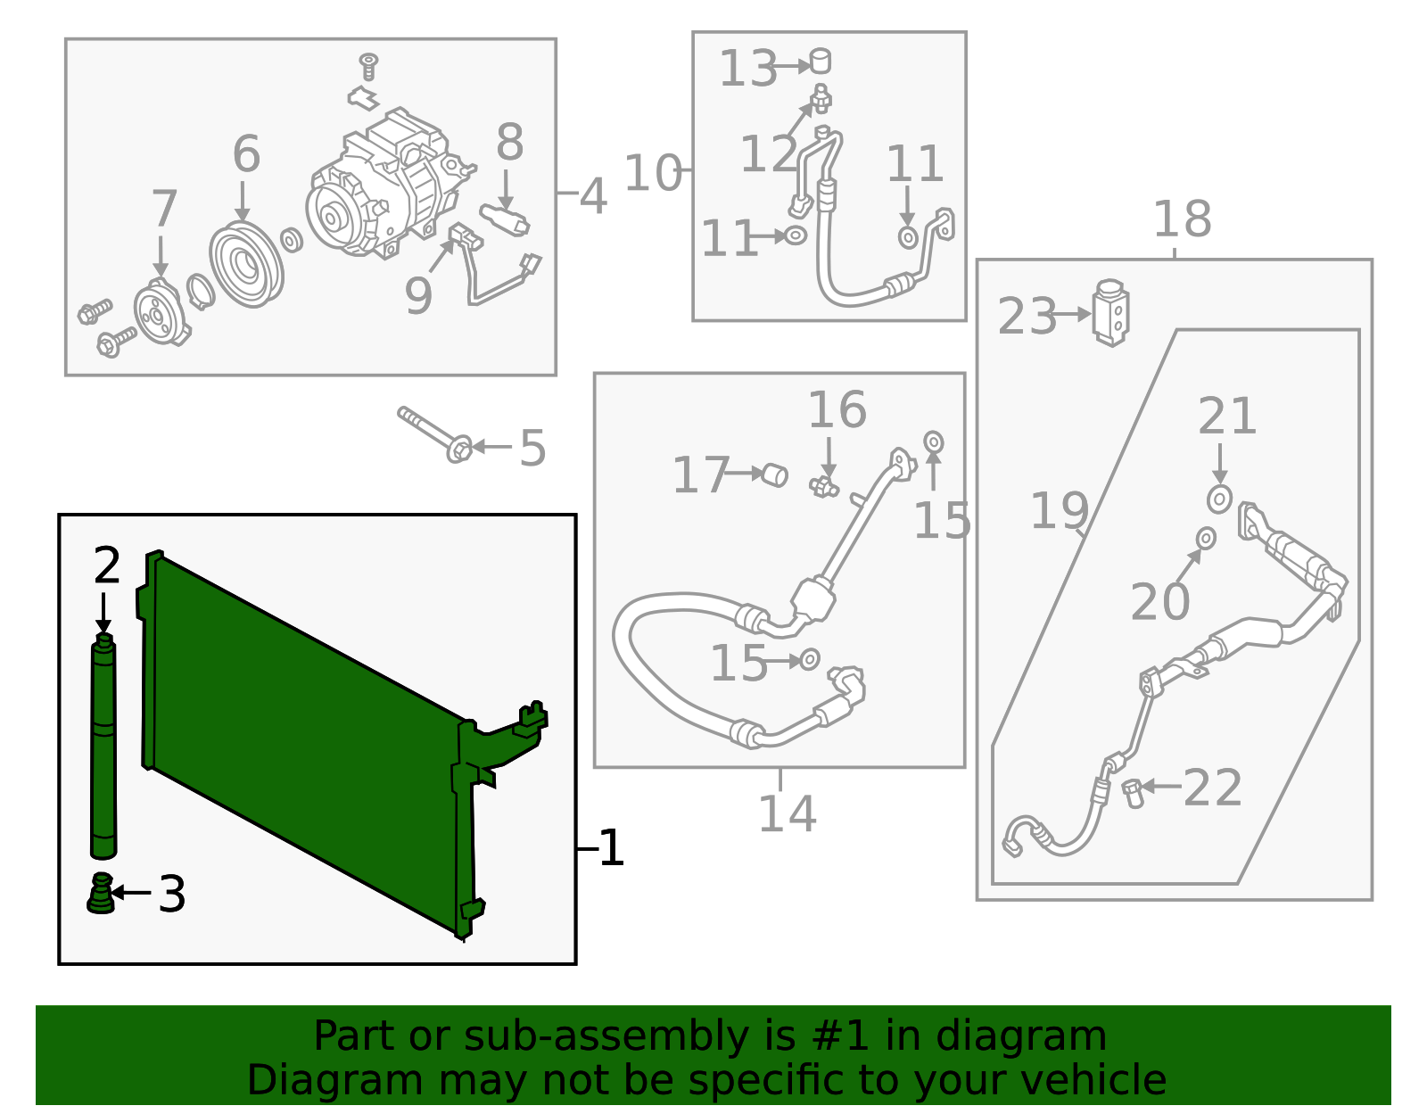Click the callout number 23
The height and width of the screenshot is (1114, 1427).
pos(1027,316)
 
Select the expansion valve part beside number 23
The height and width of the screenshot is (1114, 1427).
pos(1110,312)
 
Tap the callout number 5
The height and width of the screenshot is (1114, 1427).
pos(532,449)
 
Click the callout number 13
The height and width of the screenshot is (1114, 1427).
pos(748,69)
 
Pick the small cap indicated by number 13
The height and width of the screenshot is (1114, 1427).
pos(821,62)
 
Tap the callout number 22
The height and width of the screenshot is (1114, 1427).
pos(1212,788)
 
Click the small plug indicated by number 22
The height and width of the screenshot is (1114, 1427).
pos(1133,793)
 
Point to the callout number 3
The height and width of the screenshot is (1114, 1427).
pos(172,894)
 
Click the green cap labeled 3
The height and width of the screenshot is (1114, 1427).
pos(101,893)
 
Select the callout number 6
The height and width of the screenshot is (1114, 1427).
pos(246,153)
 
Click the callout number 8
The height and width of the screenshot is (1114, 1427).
pos(509,142)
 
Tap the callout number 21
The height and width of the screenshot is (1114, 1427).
pos(1227,416)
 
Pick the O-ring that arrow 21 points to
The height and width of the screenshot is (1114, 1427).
pos(1219,499)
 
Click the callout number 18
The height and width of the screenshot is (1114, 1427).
pos(1182,219)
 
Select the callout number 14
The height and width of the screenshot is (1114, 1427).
pos(787,813)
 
